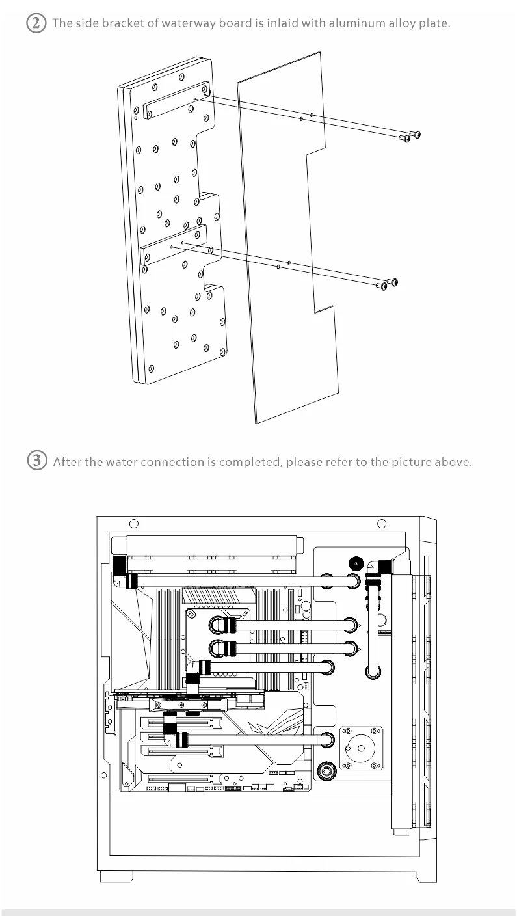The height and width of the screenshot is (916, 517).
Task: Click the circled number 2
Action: point(36,23)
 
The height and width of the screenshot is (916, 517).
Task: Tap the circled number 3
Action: point(37,461)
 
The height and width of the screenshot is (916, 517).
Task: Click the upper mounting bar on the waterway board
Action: point(176,100)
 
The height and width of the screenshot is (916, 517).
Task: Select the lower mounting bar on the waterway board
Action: point(173,245)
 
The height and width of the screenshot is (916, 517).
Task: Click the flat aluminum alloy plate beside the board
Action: point(288,237)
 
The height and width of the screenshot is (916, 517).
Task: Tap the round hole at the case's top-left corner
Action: point(134,524)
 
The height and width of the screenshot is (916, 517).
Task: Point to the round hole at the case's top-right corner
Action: point(382,524)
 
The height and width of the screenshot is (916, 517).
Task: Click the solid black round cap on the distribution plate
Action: point(356,564)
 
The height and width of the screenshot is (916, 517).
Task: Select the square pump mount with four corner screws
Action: point(362,748)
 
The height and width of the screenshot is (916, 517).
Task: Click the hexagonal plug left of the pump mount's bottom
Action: point(326,771)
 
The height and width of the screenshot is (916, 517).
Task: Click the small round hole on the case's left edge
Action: point(104,775)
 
